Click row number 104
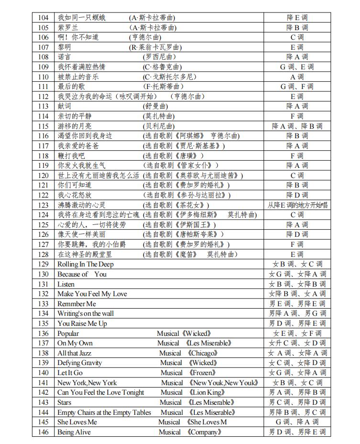[x=43, y=18]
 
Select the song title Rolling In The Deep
[x=86, y=264]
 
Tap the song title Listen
[x=66, y=284]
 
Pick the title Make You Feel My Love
[x=92, y=294]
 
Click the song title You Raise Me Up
[x=82, y=323]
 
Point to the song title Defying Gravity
[x=79, y=363]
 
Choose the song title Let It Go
[x=70, y=373]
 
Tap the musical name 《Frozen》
[x=203, y=373]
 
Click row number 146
[x=43, y=432]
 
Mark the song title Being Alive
[x=75, y=432]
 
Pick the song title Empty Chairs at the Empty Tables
[x=104, y=412]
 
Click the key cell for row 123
[x=297, y=205]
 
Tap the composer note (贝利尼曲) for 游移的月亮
[x=159, y=126]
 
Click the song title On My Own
[x=75, y=343]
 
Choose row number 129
[x=43, y=264]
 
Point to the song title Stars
[x=65, y=402]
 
